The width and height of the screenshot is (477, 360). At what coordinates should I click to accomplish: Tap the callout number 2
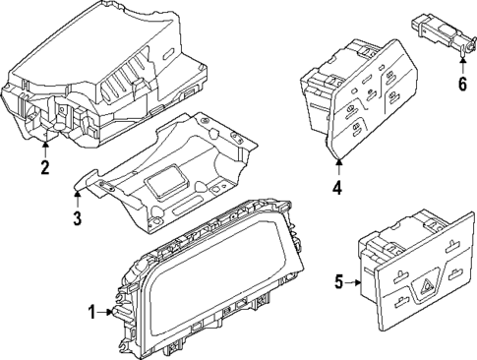point(44,167)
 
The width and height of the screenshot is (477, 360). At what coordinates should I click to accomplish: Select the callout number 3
point(77,218)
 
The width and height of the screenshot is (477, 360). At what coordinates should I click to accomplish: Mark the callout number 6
point(462,85)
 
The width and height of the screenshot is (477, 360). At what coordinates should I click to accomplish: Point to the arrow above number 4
point(338,161)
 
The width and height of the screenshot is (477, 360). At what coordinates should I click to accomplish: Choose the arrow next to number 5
point(355,283)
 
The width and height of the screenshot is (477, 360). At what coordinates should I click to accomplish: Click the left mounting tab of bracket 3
point(89,181)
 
